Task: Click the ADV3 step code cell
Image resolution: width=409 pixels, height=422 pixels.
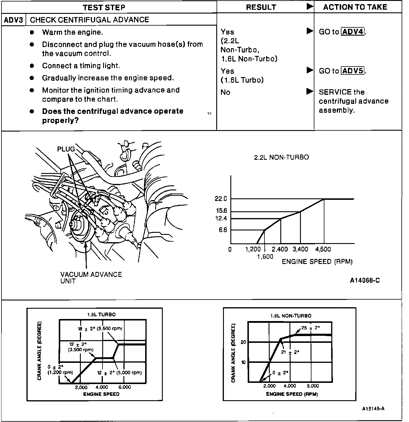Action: pyautogui.click(x=14, y=20)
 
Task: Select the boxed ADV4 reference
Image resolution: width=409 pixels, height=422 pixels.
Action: pyautogui.click(x=353, y=32)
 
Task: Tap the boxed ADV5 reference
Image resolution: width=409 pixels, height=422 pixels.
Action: pyautogui.click(x=353, y=71)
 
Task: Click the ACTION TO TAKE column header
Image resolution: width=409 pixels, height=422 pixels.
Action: pyautogui.click(x=355, y=7)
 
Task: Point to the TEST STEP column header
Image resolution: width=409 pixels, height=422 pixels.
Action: pyautogui.click(x=104, y=7)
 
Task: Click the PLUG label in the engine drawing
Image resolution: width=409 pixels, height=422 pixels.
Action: pyautogui.click(x=66, y=149)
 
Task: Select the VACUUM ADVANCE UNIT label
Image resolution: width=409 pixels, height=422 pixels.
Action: pyautogui.click(x=91, y=278)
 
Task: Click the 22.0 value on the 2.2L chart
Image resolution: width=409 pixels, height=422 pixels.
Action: pyautogui.click(x=221, y=199)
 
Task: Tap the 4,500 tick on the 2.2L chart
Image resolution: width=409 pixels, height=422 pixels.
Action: pyautogui.click(x=323, y=250)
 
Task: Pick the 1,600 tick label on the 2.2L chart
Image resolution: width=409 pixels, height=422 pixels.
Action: pyautogui.click(x=265, y=257)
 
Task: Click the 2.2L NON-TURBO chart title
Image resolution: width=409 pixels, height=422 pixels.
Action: pyautogui.click(x=281, y=157)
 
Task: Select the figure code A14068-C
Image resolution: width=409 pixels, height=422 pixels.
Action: pyautogui.click(x=365, y=280)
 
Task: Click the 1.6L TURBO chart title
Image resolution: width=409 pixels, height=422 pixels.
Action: pyautogui.click(x=101, y=315)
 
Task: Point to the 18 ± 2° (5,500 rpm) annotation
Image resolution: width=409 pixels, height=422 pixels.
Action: pyautogui.click(x=100, y=329)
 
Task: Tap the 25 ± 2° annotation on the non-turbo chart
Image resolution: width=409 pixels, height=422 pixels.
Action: pyautogui.click(x=311, y=328)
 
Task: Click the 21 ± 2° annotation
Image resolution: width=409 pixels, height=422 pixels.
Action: pyautogui.click(x=290, y=352)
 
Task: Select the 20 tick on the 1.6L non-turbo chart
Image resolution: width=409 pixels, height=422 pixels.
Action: pyautogui.click(x=243, y=342)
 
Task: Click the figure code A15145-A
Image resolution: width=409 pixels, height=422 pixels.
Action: pyautogui.click(x=373, y=409)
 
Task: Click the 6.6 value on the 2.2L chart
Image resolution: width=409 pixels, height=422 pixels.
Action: pyautogui.click(x=223, y=230)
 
